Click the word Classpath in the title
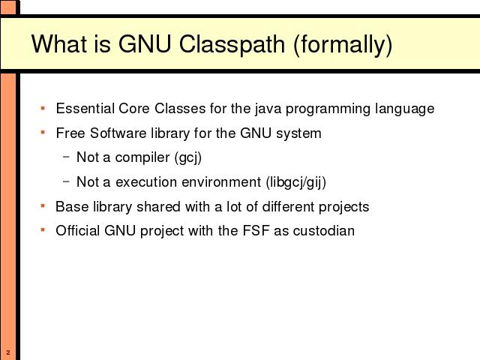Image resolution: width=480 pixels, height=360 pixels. [232, 44]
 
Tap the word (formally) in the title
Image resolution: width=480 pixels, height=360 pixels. [343, 45]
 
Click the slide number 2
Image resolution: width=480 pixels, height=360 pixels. [8, 352]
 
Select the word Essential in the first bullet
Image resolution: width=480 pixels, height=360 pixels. [85, 108]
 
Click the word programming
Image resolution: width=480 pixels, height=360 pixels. [328, 109]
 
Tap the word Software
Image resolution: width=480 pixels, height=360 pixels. [118, 133]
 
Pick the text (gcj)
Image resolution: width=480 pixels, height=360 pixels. [188, 158]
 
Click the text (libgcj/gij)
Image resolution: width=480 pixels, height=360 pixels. [296, 182]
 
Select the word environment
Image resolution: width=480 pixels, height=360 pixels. [221, 182]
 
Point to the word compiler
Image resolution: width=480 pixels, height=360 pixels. [142, 158]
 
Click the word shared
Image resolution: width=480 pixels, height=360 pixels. [158, 207]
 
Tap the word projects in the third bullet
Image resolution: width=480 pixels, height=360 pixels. [343, 207]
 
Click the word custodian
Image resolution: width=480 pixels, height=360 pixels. [324, 231]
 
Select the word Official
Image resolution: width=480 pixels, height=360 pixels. [78, 231]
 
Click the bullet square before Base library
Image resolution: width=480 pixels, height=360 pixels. [43, 206]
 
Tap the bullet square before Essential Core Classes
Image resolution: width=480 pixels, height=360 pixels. [43, 108]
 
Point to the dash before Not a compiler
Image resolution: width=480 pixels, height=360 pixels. [66, 157]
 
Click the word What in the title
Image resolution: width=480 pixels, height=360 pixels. [58, 44]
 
